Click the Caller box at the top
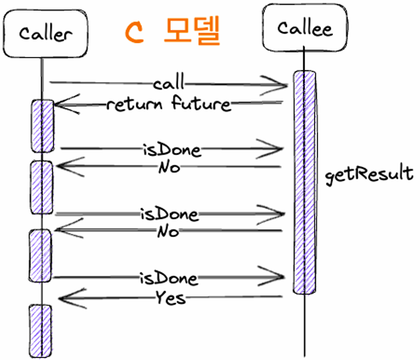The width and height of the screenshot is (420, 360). (45, 34)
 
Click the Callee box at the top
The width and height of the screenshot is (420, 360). (305, 27)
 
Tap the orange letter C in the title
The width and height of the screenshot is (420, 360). (134, 32)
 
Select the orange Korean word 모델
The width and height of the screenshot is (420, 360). (192, 30)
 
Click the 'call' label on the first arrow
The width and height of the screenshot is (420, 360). (169, 82)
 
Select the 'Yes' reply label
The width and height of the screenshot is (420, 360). (171, 297)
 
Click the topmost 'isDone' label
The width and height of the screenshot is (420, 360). (172, 150)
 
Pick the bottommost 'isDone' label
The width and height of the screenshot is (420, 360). (169, 278)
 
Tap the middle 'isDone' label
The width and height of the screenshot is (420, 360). (169, 214)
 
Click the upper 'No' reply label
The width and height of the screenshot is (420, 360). (169, 167)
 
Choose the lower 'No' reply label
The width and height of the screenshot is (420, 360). (168, 231)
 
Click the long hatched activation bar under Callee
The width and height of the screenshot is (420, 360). (305, 182)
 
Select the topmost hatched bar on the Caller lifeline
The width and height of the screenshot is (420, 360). (42, 126)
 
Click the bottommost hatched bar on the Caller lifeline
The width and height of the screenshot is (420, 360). (40, 331)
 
